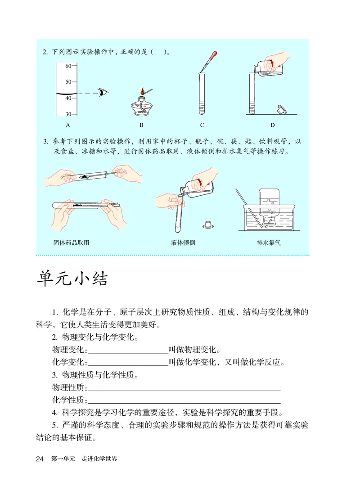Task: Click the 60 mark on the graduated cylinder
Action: (x=68, y=66)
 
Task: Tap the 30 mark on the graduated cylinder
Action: (x=68, y=114)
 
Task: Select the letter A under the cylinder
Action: (x=68, y=125)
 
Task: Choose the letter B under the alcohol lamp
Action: (x=141, y=125)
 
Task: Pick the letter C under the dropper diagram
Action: (x=202, y=125)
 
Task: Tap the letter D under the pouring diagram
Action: (x=272, y=125)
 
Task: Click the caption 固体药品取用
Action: (x=71, y=243)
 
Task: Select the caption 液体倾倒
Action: (x=183, y=243)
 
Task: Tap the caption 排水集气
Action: (x=269, y=243)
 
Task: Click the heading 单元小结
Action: (x=72, y=279)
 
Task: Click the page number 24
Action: (x=40, y=459)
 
